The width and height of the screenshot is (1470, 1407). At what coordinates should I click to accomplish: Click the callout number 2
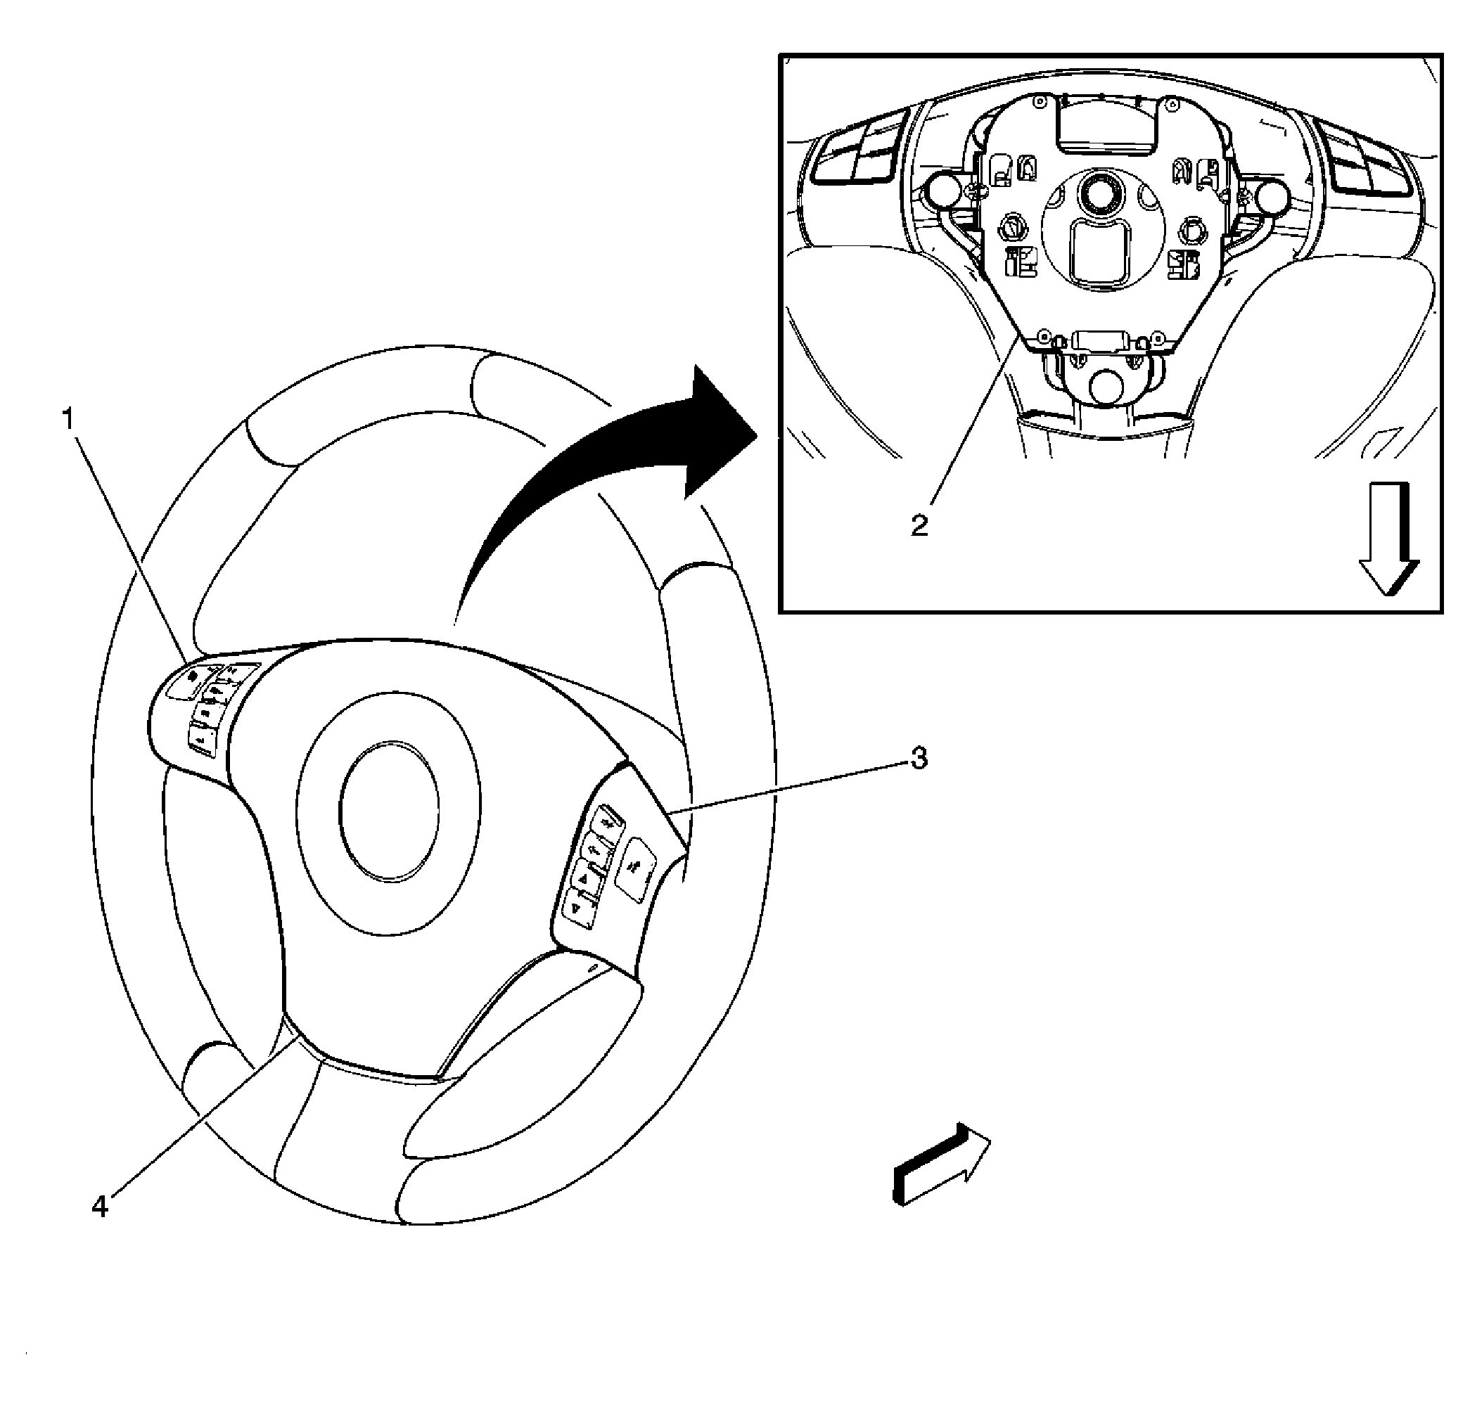pyautogui.click(x=919, y=525)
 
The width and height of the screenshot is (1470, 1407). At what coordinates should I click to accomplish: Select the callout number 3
pyautogui.click(x=919, y=758)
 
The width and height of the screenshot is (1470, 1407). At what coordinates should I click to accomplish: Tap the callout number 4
pyautogui.click(x=100, y=1207)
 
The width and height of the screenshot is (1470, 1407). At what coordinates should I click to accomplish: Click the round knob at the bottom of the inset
pyautogui.click(x=1111, y=386)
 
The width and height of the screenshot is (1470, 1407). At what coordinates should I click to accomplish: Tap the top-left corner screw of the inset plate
pyautogui.click(x=1038, y=101)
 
